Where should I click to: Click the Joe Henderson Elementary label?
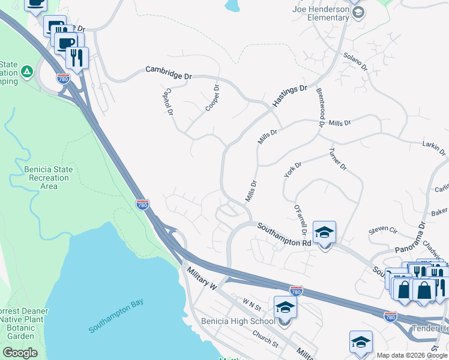coord(321,13)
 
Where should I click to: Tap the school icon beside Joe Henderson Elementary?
coord(358,13)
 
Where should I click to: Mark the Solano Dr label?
coord(354,62)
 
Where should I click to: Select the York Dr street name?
coord(292,169)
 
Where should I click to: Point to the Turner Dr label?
coord(338,160)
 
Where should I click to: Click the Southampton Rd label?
coord(285,235)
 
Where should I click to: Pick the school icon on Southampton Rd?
coord(325,233)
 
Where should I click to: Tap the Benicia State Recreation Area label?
coord(48,178)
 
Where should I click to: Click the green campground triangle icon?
coord(26,72)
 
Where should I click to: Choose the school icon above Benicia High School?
coord(285,308)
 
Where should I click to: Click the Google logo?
coord(20,353)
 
